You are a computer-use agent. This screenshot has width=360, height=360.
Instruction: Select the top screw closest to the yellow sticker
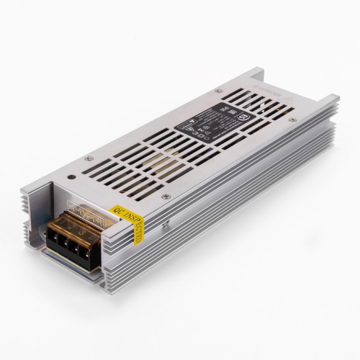(165, 197)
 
